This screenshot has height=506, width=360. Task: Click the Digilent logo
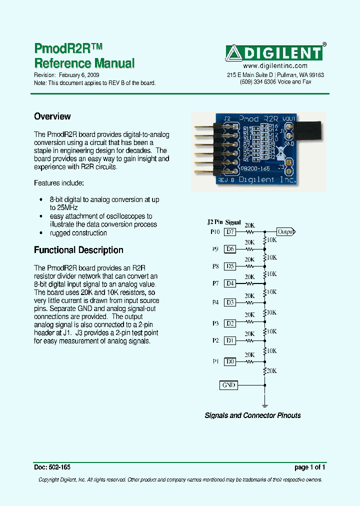(274, 53)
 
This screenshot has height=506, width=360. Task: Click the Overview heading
(52, 116)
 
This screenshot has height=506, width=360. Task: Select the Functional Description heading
(78, 250)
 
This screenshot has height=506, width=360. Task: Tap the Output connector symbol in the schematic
(286, 231)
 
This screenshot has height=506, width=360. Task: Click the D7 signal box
(229, 232)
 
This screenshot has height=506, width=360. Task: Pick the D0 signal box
(229, 361)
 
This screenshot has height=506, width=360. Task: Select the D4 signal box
(229, 283)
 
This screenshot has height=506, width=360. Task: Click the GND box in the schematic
(228, 385)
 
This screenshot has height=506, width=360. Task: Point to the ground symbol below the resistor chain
(264, 405)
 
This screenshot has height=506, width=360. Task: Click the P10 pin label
(214, 232)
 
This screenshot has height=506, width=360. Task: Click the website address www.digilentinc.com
(275, 66)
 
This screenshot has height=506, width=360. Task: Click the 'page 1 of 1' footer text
(310, 467)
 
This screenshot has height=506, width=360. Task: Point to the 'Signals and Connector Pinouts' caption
(253, 415)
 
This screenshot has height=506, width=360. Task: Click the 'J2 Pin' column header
(214, 222)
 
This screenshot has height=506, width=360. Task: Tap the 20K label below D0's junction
(271, 370)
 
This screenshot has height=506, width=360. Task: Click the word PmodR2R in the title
(61, 48)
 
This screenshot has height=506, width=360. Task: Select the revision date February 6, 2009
(79, 75)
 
